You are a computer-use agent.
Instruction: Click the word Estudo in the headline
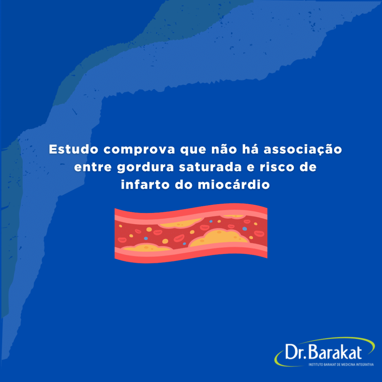pyautogui.click(x=73, y=149)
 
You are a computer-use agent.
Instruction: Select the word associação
pyautogui.click(x=303, y=150)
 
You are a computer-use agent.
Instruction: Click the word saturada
pyautogui.click(x=210, y=167)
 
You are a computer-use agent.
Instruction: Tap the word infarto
pyautogui.click(x=145, y=184)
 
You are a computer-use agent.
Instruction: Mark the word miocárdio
pyautogui.click(x=234, y=184)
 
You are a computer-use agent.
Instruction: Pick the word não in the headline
pyautogui.click(x=224, y=149)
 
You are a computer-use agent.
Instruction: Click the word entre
pyautogui.click(x=93, y=167)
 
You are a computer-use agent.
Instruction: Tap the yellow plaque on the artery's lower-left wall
pyautogui.click(x=146, y=248)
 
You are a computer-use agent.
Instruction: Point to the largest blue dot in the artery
pyautogui.click(x=245, y=229)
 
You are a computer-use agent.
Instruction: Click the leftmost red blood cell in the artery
pyautogui.click(x=122, y=240)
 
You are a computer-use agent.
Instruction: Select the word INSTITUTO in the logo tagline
pyautogui.click(x=316, y=365)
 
